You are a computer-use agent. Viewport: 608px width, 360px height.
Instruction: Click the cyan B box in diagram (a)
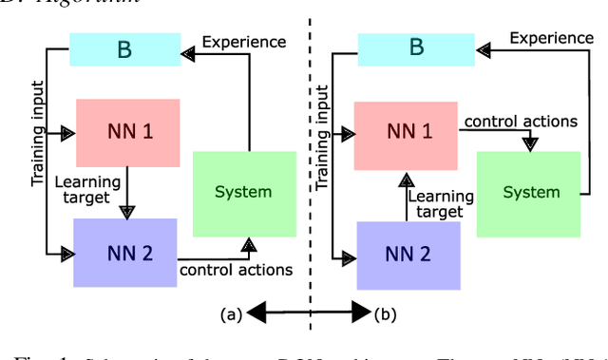pos(123,50)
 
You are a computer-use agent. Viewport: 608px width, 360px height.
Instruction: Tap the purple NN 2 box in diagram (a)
pos(124,252)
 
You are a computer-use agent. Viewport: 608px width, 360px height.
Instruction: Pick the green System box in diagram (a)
pos(242,191)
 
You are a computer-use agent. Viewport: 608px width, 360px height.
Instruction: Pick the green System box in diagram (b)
pos(532,192)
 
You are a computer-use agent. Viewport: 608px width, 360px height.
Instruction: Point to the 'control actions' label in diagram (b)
pos(521,122)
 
